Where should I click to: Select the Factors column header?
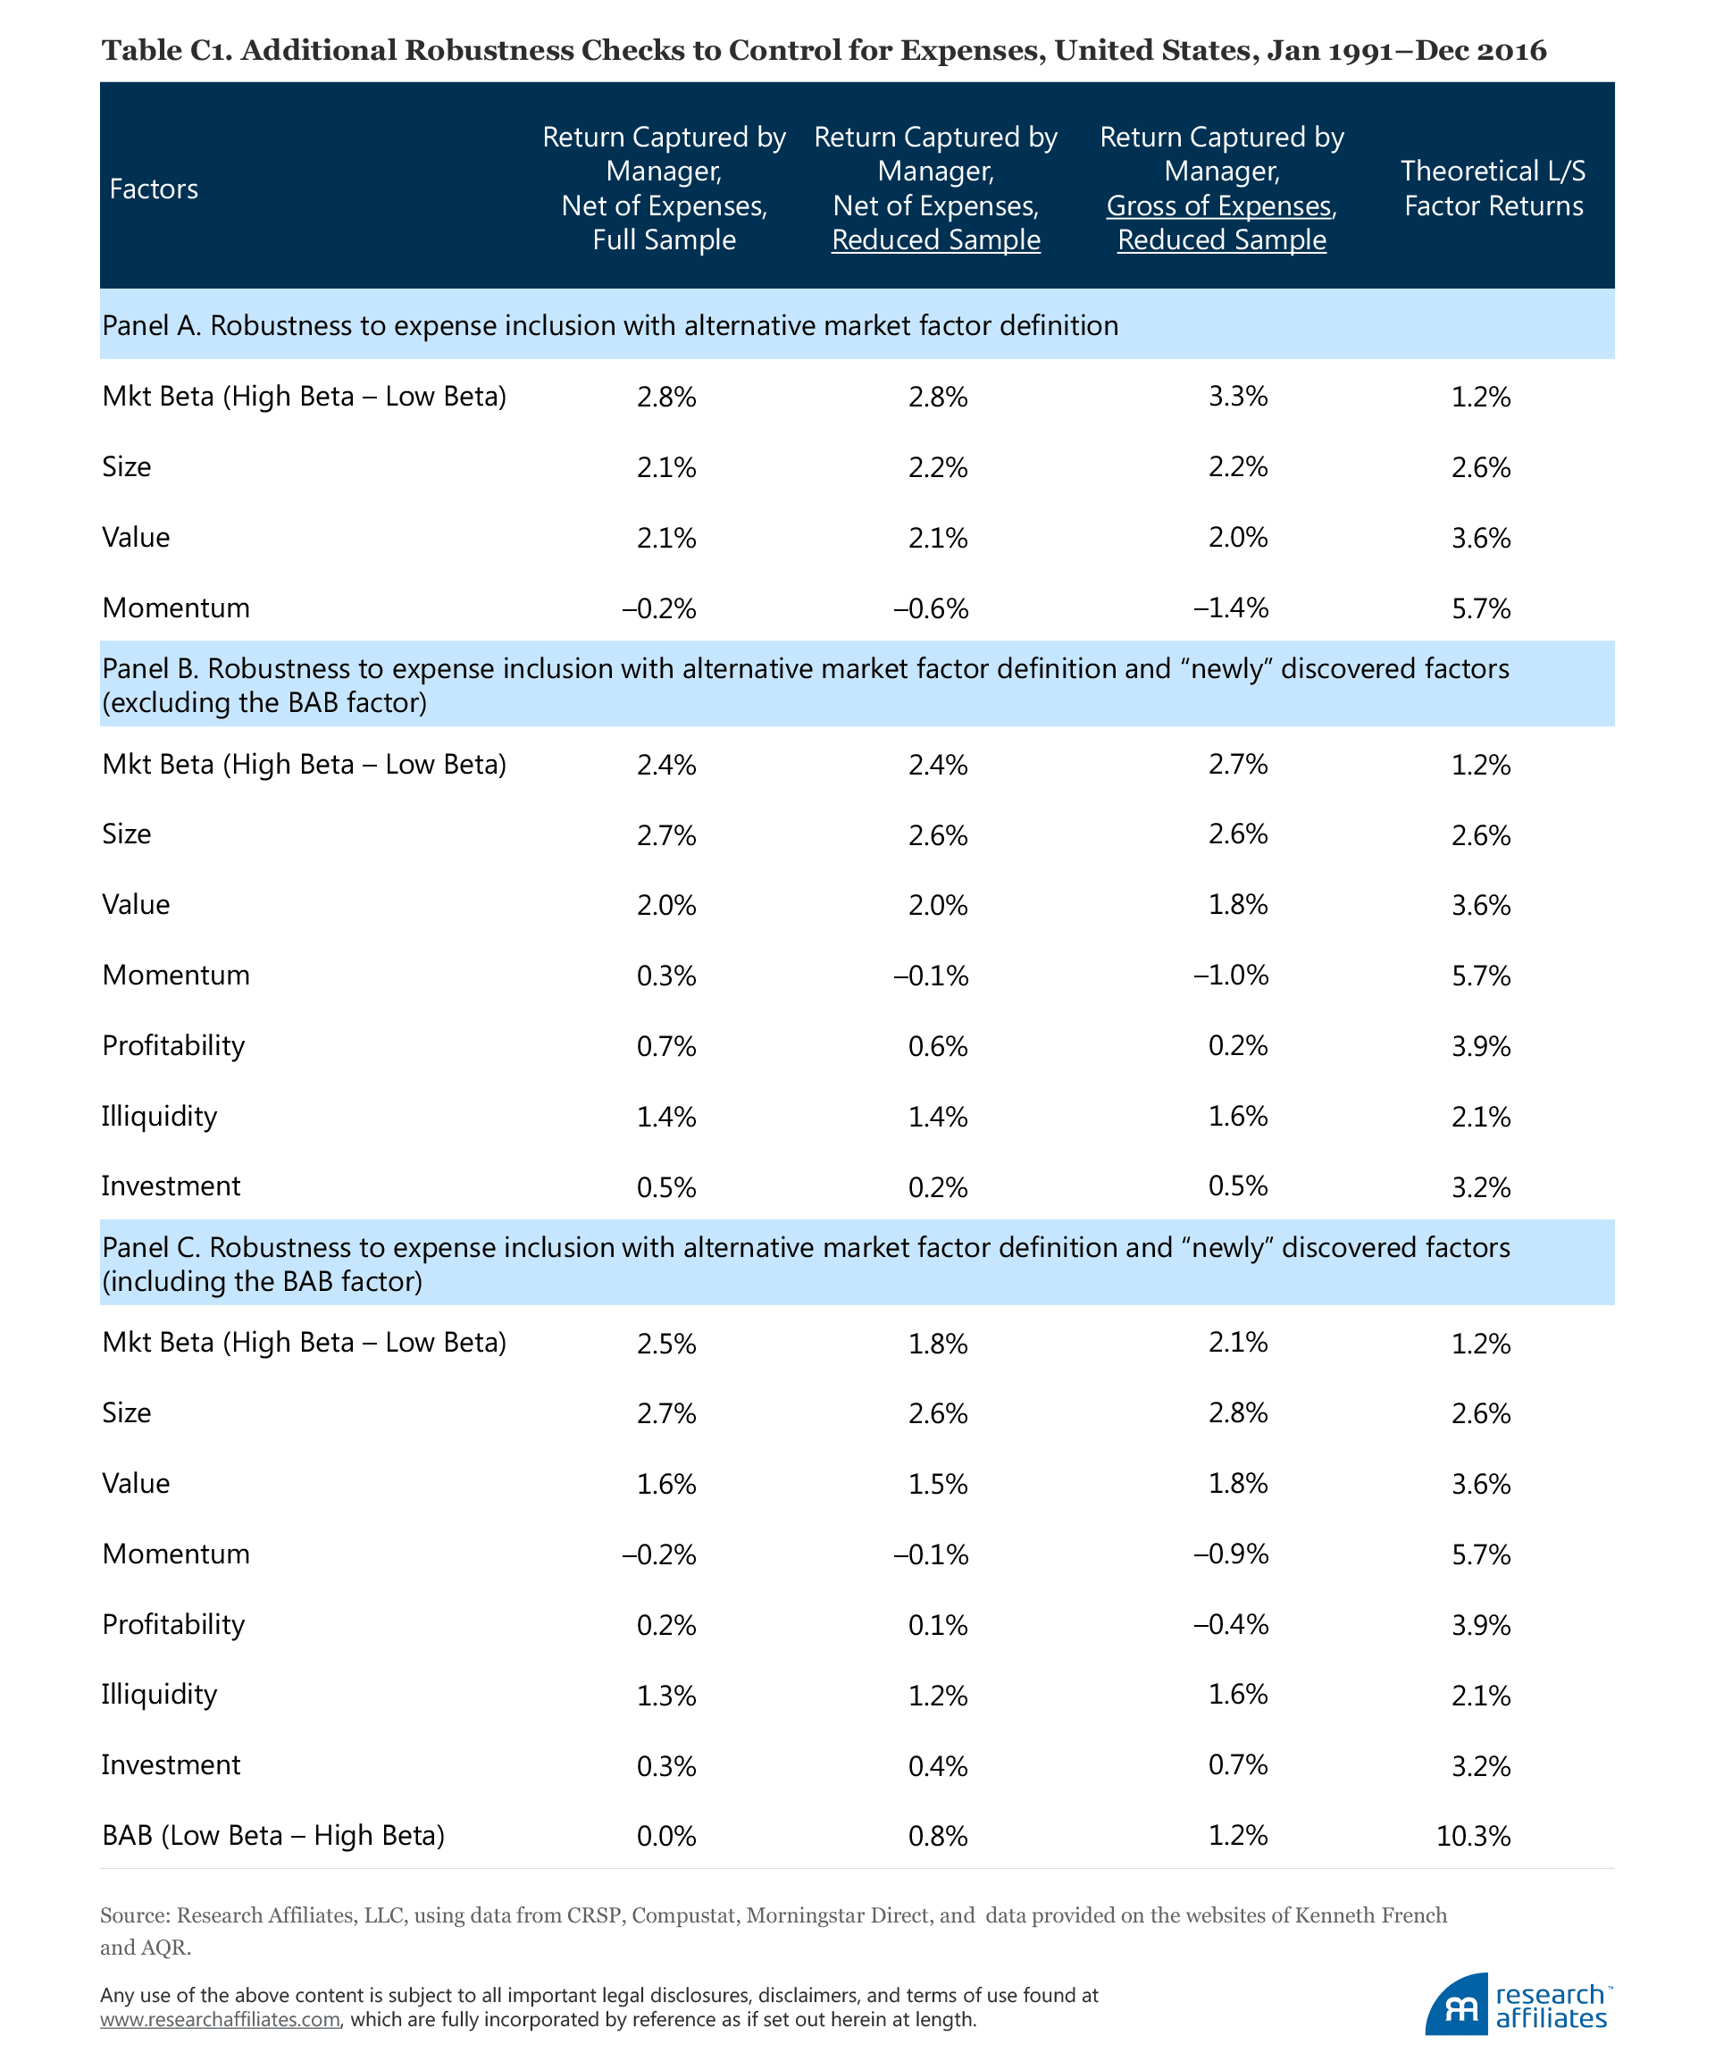[154, 189]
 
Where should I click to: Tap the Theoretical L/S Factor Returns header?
[1493, 189]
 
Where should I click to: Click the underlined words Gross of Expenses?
[1219, 206]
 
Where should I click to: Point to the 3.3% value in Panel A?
[1238, 397]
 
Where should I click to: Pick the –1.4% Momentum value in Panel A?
[1231, 608]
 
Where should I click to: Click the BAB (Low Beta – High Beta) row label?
[272, 1835]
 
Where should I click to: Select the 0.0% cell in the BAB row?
[666, 1835]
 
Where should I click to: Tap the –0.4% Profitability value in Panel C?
[1231, 1624]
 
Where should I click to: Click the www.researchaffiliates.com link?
[220, 2020]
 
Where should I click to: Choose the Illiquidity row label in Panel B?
[159, 1116]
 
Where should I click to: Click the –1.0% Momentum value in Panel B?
[1231, 976]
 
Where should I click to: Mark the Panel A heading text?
[609, 325]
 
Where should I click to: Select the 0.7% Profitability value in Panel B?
[666, 1046]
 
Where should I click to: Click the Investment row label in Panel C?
[171, 1764]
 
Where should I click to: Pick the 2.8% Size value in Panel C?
[1238, 1413]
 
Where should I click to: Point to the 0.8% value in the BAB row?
[938, 1835]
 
